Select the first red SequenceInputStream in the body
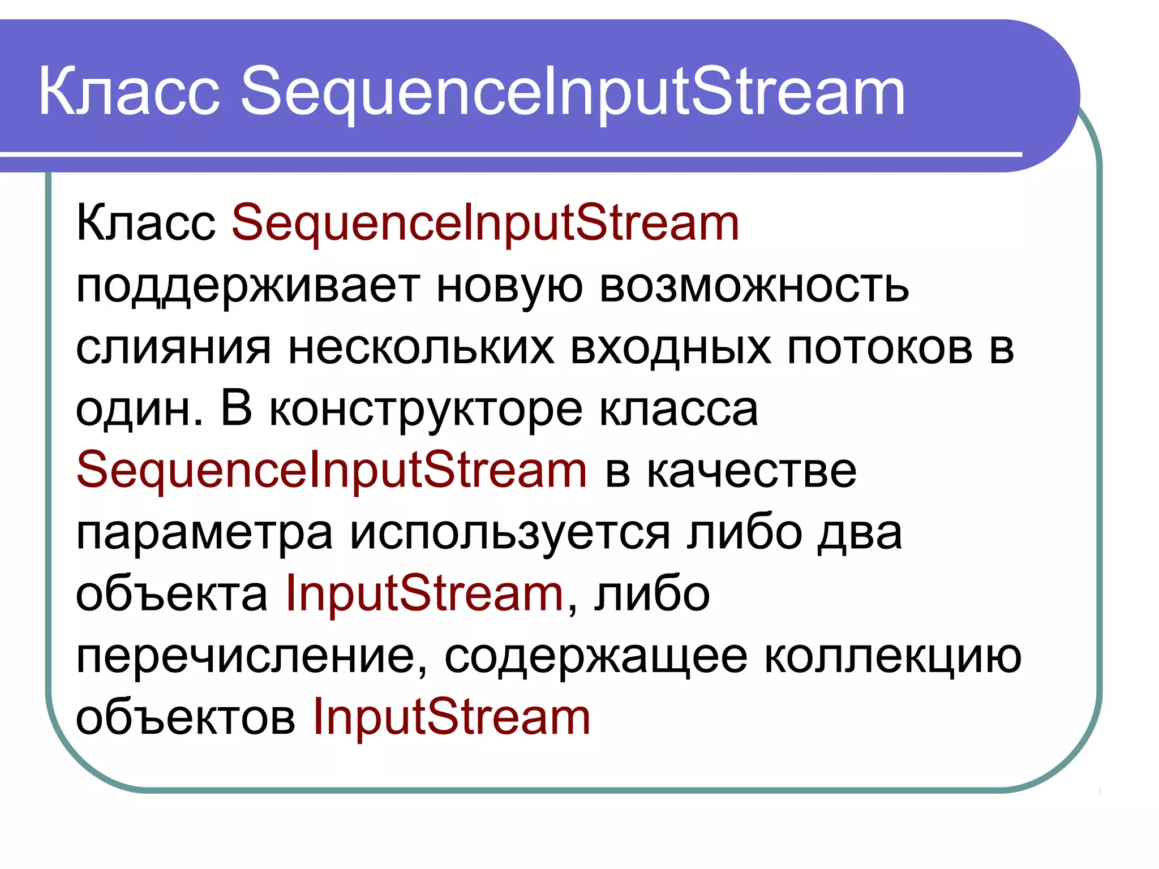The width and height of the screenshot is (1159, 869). [x=485, y=223]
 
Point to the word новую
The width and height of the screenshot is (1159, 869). [x=509, y=286]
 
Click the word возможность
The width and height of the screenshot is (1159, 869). [x=753, y=286]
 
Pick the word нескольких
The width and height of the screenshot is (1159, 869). [x=421, y=347]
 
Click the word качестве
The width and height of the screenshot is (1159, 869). [x=752, y=471]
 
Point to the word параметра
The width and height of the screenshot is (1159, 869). [x=204, y=534]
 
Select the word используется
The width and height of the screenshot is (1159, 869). [x=510, y=534]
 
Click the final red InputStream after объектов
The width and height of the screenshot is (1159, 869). [x=451, y=717]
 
